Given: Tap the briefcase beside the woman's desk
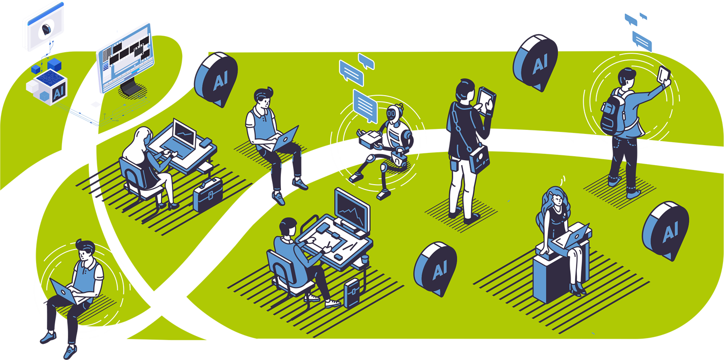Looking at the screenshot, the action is point(208,195).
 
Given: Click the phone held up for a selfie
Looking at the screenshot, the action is point(664,74).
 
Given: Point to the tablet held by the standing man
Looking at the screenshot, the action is point(487,101).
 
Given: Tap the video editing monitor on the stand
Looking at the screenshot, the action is point(126,59).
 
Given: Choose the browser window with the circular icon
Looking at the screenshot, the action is point(44,26).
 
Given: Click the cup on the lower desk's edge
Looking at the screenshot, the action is point(364,259).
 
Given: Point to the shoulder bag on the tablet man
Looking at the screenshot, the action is point(480,158).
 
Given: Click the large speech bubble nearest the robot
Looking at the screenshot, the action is point(365,106).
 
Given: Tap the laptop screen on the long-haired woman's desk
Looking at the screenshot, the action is point(185,133).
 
